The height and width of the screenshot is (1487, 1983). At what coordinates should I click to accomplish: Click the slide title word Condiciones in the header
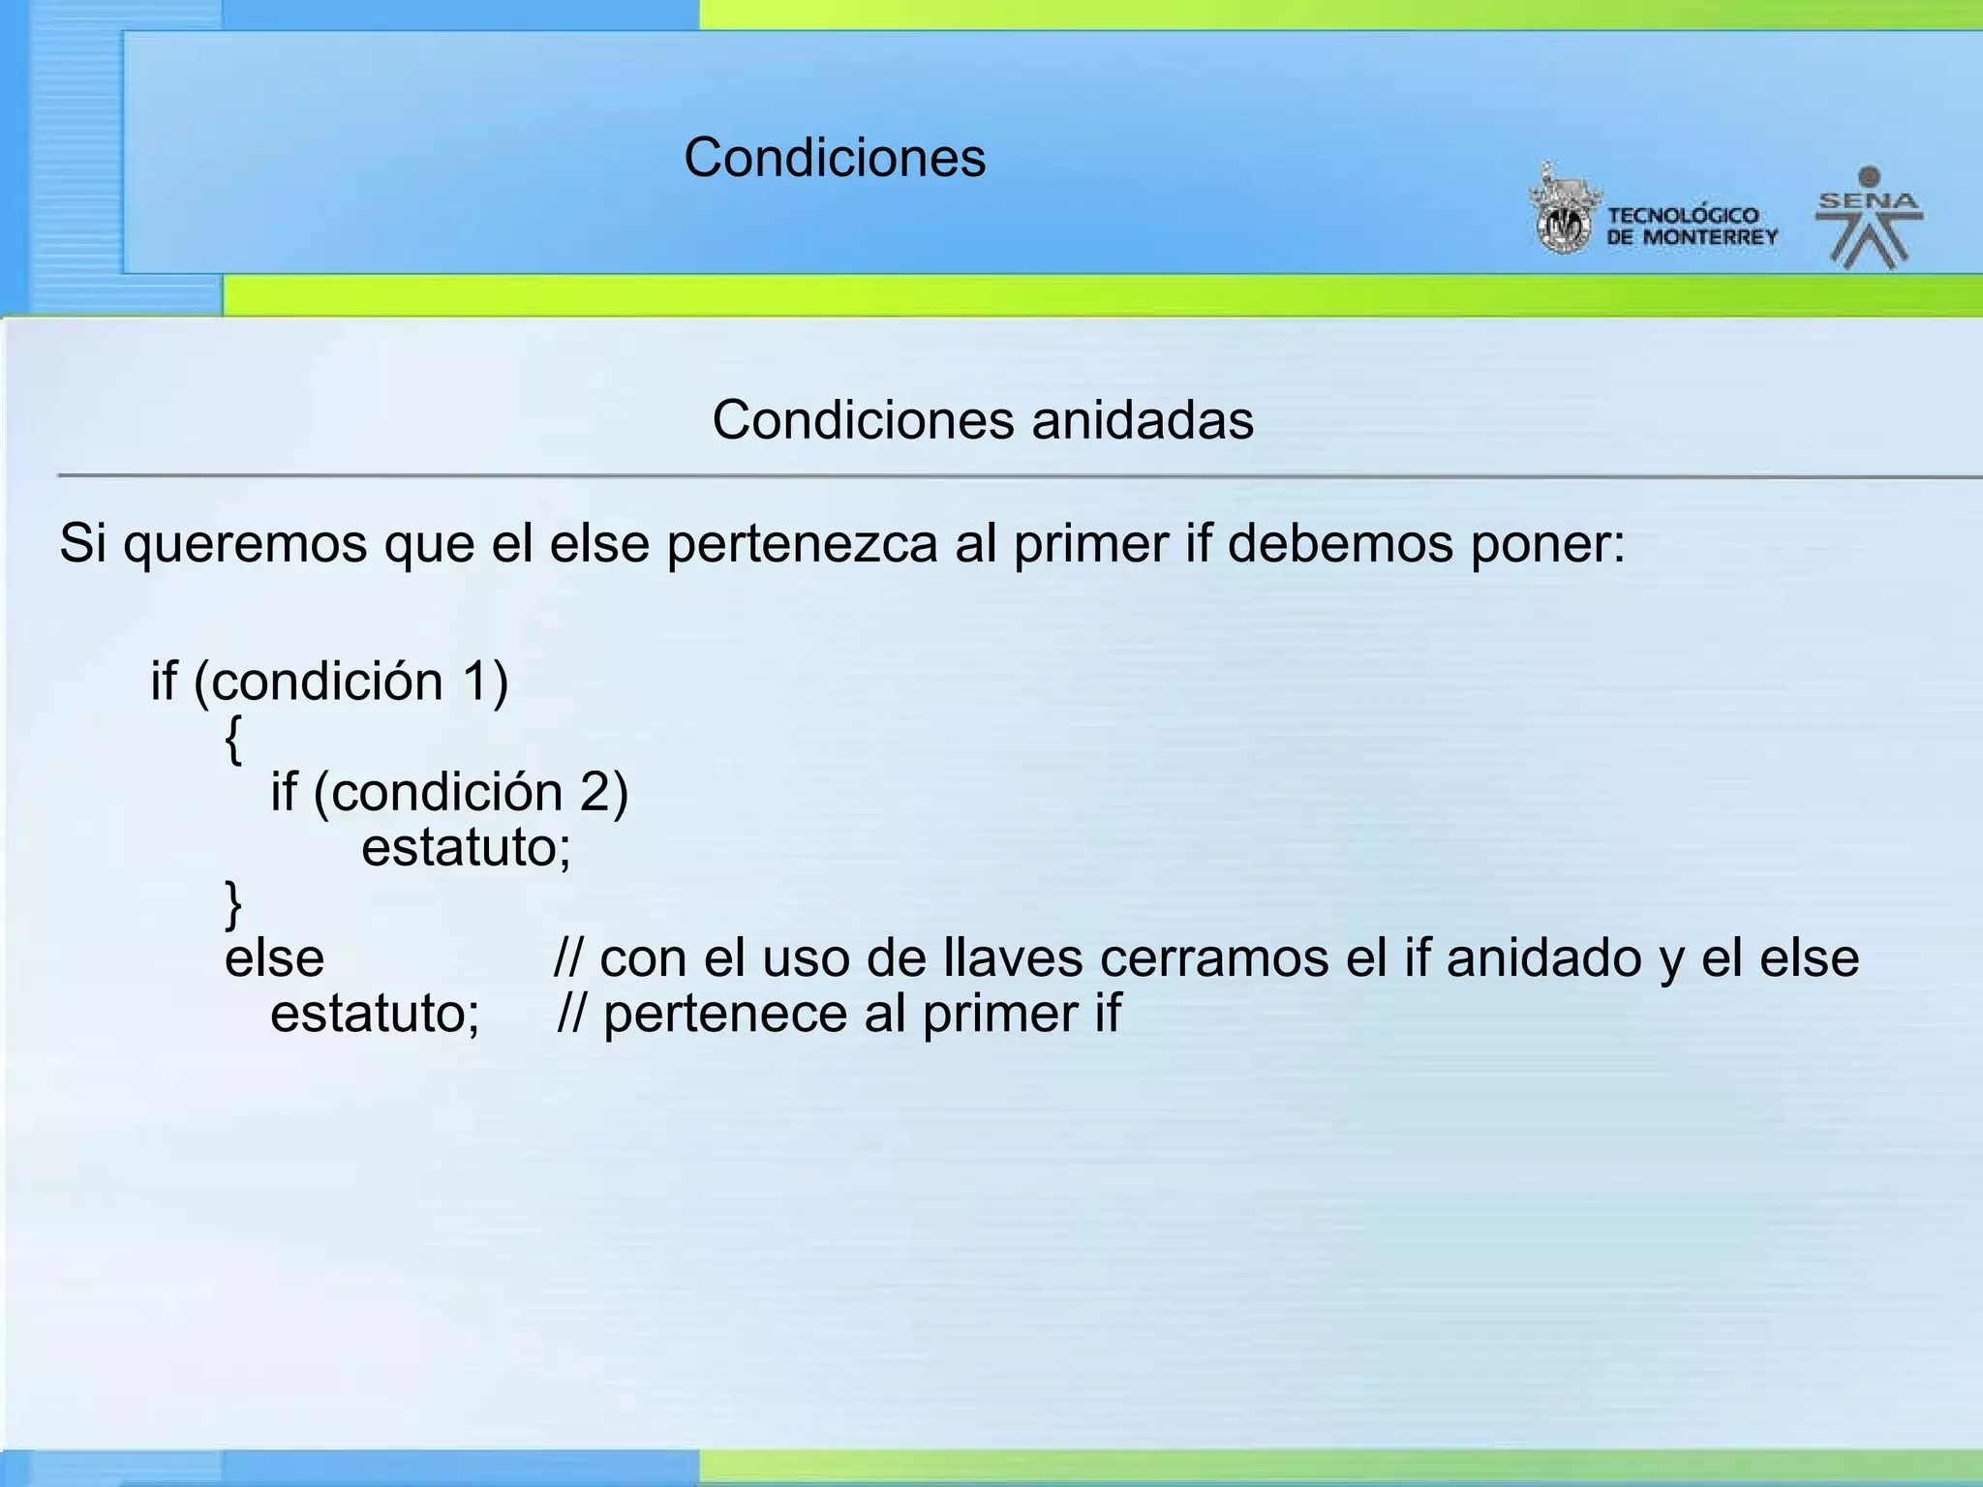click(835, 157)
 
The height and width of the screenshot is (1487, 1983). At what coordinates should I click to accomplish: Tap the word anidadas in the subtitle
click(1143, 420)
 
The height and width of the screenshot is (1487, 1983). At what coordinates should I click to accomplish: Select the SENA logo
click(1869, 219)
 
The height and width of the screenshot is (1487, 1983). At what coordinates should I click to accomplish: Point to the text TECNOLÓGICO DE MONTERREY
click(1692, 227)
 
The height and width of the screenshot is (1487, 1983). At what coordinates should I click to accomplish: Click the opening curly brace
click(233, 741)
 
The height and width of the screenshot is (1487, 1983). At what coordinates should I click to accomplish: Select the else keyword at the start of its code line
click(274, 958)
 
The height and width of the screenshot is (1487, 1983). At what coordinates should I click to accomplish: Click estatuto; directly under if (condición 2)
click(466, 848)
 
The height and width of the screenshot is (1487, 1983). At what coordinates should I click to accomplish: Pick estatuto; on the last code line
click(375, 1015)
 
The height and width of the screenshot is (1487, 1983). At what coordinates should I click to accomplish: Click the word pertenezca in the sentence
click(802, 543)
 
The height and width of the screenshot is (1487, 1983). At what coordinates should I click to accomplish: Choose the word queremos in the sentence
click(245, 543)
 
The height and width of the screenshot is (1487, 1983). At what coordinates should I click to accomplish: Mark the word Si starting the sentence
click(82, 543)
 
